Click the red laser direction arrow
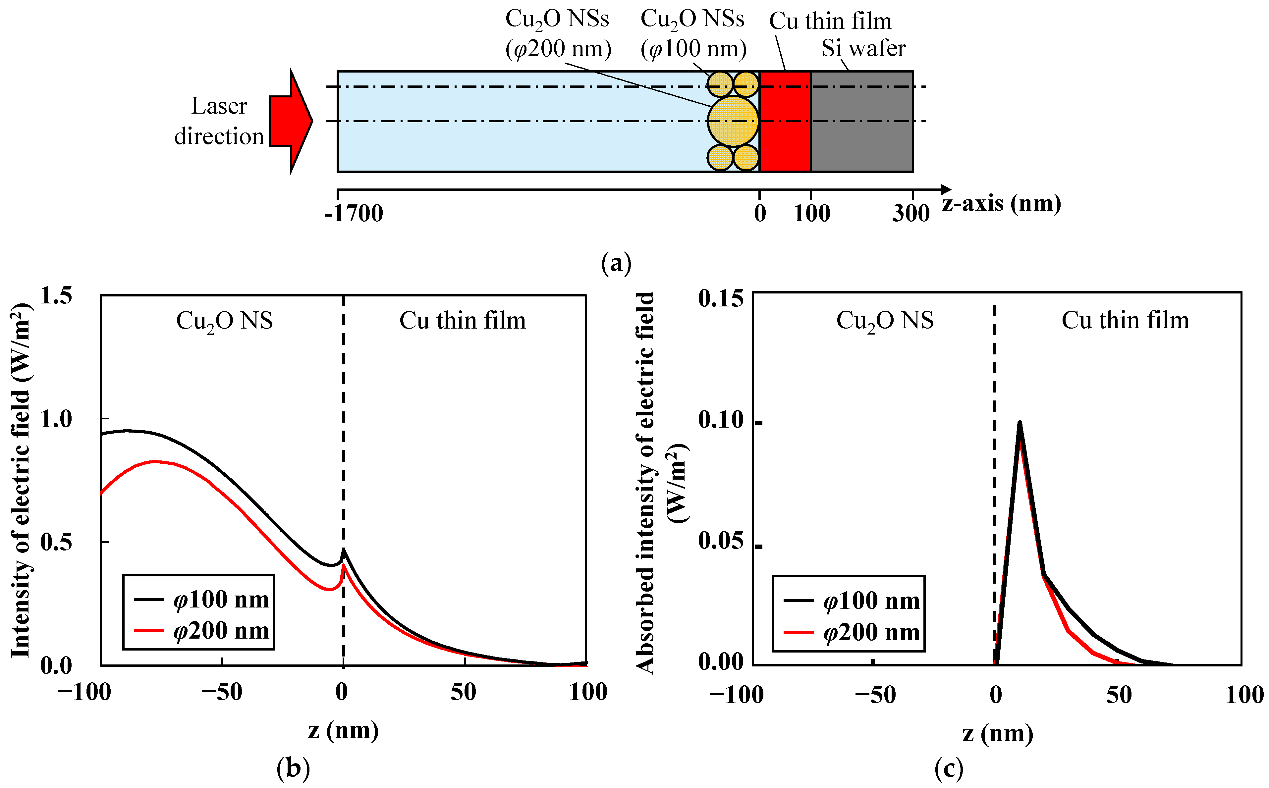click(x=289, y=121)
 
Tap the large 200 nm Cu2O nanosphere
click(x=733, y=121)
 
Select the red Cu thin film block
click(x=785, y=121)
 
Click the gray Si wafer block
click(x=861, y=121)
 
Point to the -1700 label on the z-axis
click(x=353, y=213)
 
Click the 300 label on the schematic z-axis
click(x=910, y=213)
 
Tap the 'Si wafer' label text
click(x=863, y=48)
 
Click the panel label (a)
click(x=616, y=263)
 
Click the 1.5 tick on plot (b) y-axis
click(x=56, y=295)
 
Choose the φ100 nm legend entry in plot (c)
click(x=853, y=601)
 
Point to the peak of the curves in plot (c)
click(x=1020, y=423)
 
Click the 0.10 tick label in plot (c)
click(x=721, y=420)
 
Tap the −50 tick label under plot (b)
click(x=222, y=692)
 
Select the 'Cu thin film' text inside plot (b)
click(x=462, y=321)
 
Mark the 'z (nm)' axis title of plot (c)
click(x=997, y=734)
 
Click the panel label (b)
click(x=294, y=768)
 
